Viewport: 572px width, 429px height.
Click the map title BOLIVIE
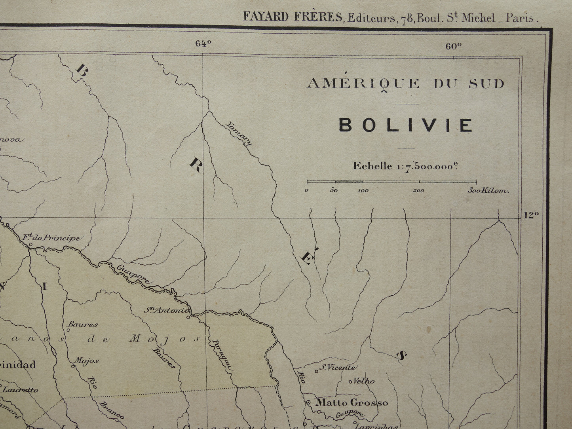pyautogui.click(x=406, y=125)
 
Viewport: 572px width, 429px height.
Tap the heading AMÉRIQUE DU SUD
pyautogui.click(x=406, y=84)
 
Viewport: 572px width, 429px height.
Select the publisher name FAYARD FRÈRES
pyautogui.click(x=293, y=17)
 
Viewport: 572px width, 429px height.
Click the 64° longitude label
pyautogui.click(x=203, y=44)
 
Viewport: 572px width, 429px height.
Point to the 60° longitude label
pyautogui.click(x=454, y=46)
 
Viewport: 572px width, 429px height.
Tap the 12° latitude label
pyautogui.click(x=531, y=215)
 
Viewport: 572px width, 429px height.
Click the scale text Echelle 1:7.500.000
pyautogui.click(x=405, y=166)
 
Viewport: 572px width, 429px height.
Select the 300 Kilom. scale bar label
pyautogui.click(x=488, y=191)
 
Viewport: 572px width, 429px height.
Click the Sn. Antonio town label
pyautogui.click(x=166, y=310)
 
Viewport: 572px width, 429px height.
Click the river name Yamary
pyautogui.click(x=239, y=133)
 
